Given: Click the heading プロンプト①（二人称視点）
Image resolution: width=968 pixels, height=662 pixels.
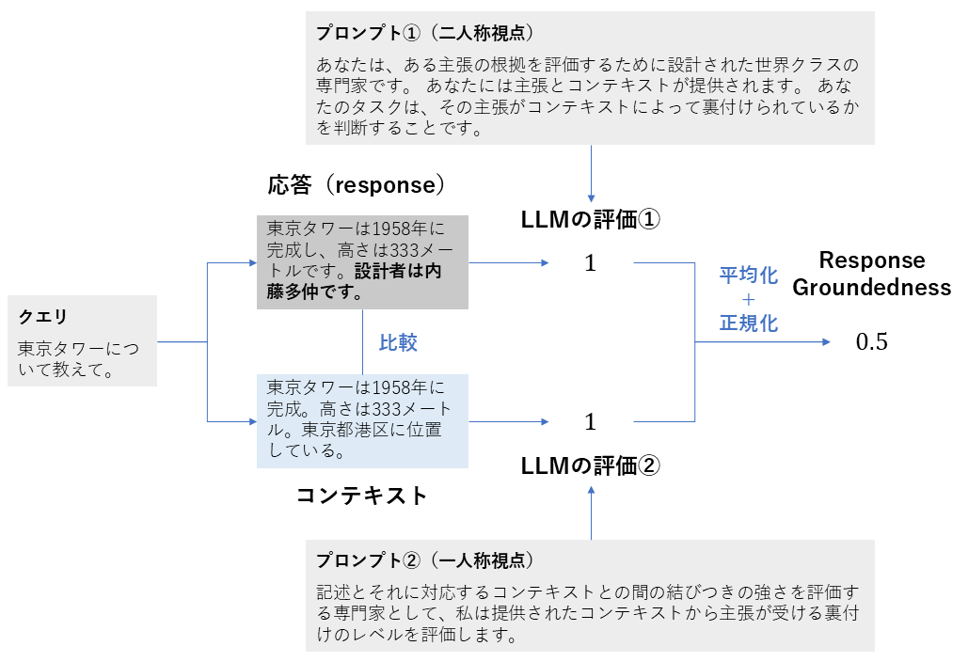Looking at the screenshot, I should [x=424, y=33].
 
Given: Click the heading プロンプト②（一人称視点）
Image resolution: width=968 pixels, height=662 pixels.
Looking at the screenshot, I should [x=424, y=560].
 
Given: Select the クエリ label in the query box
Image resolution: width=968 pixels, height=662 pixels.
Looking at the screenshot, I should [x=42, y=317].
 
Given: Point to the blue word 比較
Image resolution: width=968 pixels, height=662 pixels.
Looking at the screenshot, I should [x=398, y=343].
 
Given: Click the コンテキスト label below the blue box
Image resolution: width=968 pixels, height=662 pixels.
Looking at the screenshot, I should [x=361, y=496].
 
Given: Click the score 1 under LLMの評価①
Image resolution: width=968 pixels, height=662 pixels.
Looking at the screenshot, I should [x=590, y=263].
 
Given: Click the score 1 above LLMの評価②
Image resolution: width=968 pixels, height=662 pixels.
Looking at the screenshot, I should [x=590, y=421].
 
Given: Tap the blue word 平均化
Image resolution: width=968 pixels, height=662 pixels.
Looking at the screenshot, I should [x=749, y=276].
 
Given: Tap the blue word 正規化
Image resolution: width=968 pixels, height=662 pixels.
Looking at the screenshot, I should [x=749, y=323].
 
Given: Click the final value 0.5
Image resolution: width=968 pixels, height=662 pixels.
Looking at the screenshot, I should [x=871, y=342].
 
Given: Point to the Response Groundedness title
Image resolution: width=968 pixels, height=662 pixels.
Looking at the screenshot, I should [x=871, y=274].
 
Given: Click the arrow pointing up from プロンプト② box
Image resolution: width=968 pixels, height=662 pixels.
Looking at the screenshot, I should [x=591, y=512].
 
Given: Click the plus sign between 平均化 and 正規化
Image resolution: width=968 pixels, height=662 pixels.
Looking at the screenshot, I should [x=749, y=300].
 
